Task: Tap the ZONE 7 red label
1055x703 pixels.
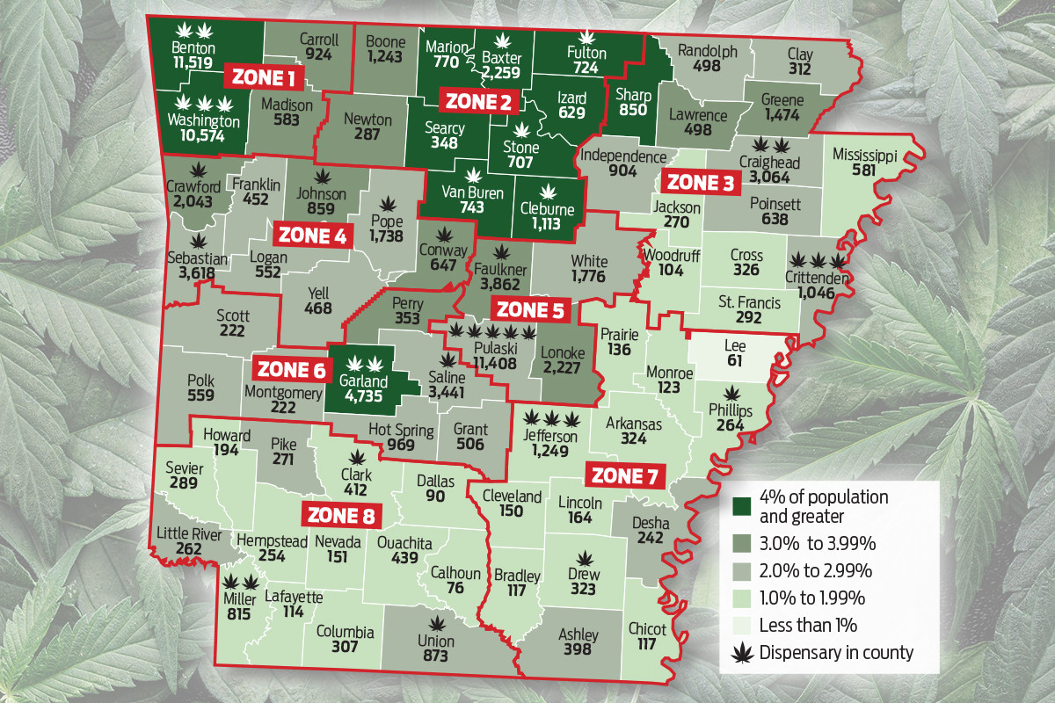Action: coord(625,475)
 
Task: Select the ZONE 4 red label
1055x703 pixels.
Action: coord(314,235)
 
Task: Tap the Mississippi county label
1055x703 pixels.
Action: coord(864,156)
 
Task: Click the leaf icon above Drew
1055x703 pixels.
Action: coord(584,557)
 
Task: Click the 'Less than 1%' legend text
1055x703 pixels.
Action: coord(808,625)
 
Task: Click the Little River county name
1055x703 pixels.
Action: coord(189,533)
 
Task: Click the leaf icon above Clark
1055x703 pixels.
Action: coord(356,457)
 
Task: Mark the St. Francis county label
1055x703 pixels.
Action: coord(748,303)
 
